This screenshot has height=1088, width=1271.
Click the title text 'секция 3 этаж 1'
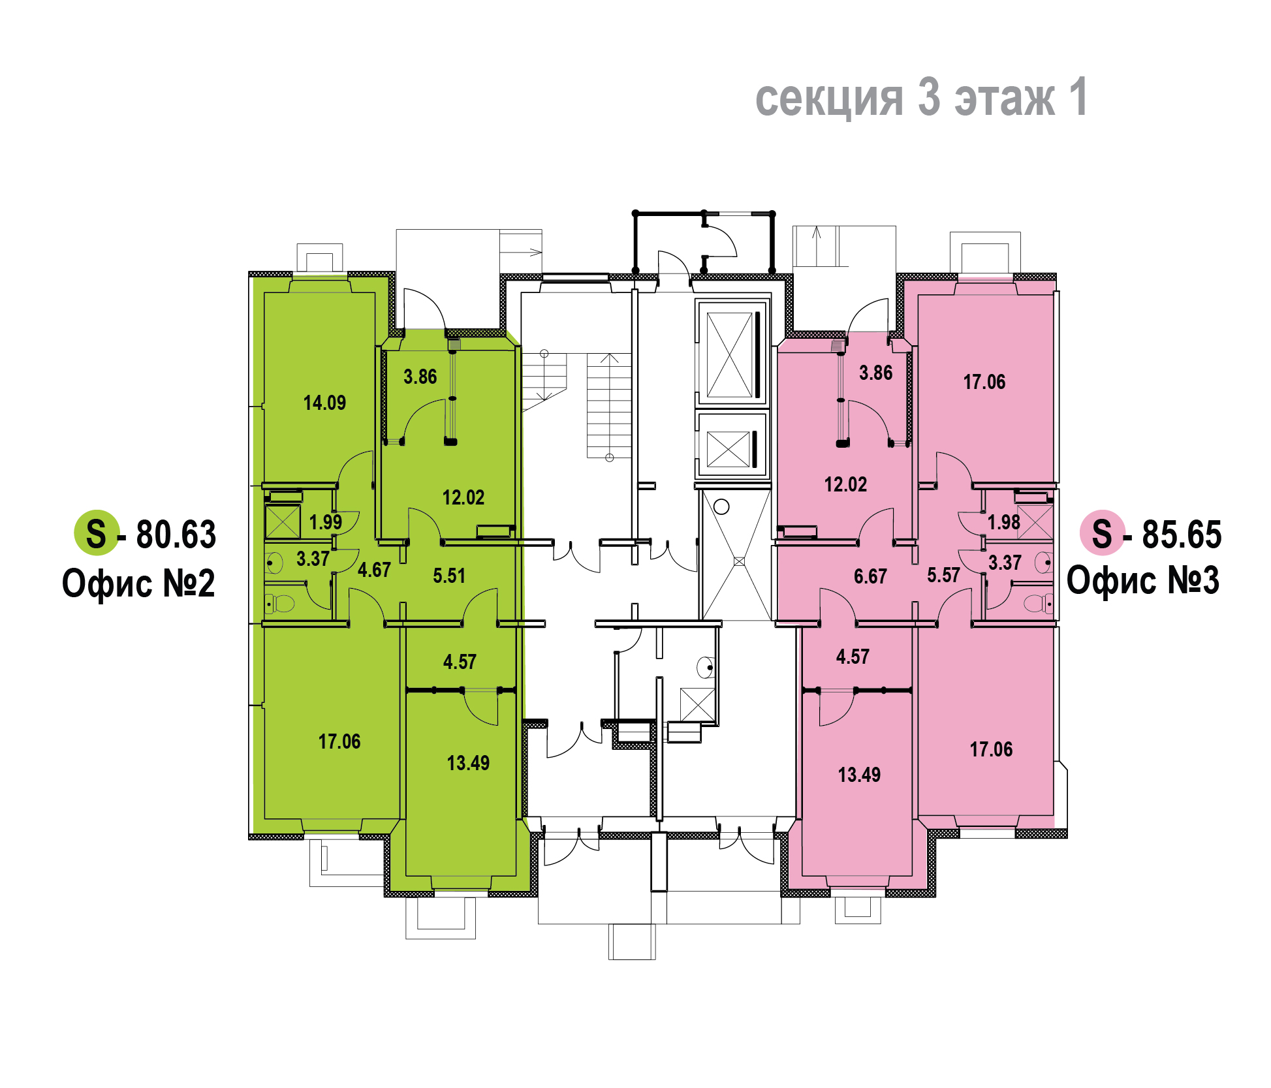point(921,97)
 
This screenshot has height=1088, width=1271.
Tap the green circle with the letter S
point(96,533)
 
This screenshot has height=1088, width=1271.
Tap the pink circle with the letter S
point(1102,533)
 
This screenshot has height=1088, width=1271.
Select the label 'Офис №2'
point(138,583)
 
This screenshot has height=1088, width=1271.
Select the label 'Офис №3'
point(1143,580)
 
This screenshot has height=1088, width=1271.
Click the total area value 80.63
point(176,535)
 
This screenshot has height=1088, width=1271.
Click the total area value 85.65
point(1182,535)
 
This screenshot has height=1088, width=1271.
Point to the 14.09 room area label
point(324,403)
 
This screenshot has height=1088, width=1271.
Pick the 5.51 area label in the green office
point(449,576)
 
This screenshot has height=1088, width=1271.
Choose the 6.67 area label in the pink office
point(870,576)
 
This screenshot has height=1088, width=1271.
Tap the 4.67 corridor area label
point(374,570)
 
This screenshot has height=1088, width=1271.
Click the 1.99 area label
point(326,522)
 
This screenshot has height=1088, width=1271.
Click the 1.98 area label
point(1003,522)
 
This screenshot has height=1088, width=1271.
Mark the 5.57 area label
point(943,575)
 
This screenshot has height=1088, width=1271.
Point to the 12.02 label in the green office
point(463,497)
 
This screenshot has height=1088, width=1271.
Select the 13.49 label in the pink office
point(859,775)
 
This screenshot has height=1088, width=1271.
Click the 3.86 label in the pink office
point(875,373)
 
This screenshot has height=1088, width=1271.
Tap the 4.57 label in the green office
point(460,662)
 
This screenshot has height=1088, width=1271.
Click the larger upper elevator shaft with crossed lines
point(732,353)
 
